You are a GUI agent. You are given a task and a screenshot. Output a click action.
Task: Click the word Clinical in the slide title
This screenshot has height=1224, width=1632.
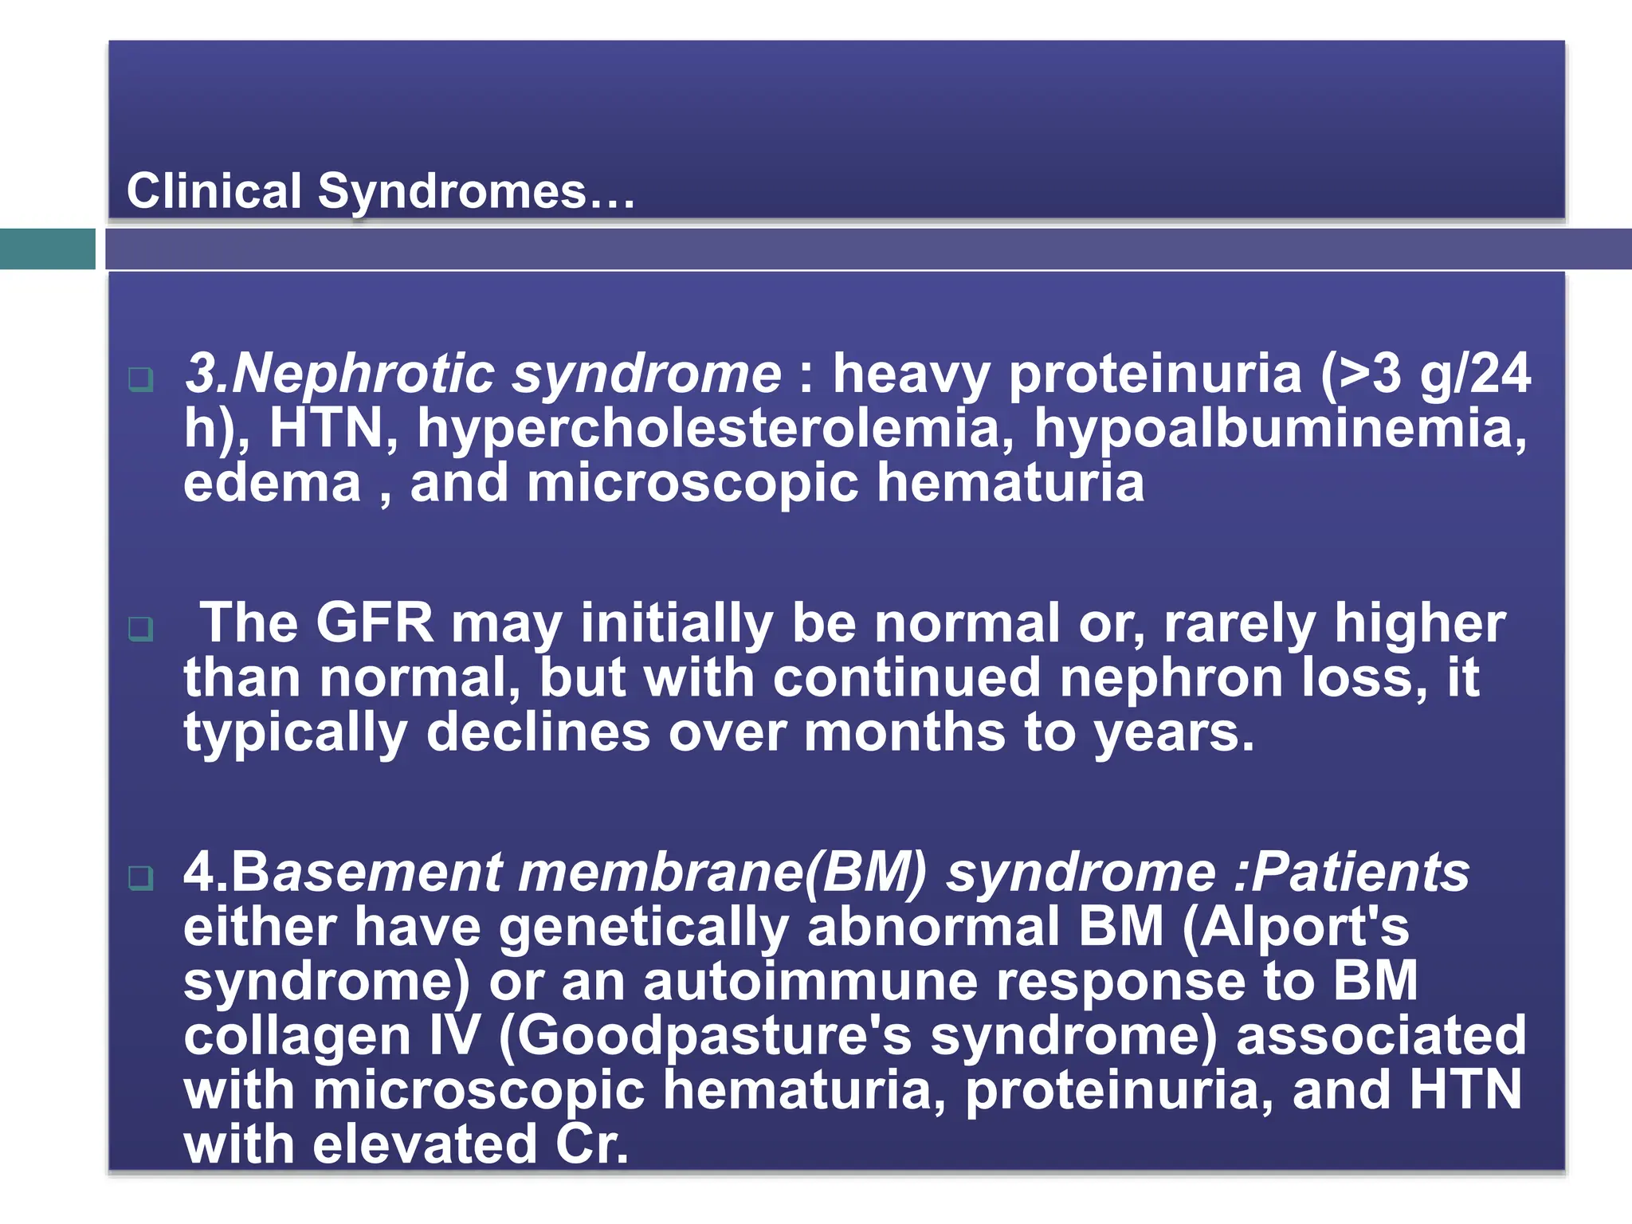pyautogui.click(x=214, y=192)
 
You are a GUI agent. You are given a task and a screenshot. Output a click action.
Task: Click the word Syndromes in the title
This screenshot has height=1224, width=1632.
pyautogui.click(x=452, y=192)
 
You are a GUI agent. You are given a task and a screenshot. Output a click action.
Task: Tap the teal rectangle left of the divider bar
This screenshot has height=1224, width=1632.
pyautogui.click(x=47, y=249)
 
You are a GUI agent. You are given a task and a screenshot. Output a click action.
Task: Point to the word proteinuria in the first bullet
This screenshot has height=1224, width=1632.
pyautogui.click(x=1155, y=373)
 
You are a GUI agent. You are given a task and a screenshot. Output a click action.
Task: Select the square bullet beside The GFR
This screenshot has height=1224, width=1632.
pyautogui.click(x=141, y=629)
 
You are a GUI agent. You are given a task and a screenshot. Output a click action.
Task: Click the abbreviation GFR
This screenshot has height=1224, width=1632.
pyautogui.click(x=375, y=622)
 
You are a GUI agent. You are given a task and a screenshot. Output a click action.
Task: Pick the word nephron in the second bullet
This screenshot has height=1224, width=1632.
pyautogui.click(x=1171, y=677)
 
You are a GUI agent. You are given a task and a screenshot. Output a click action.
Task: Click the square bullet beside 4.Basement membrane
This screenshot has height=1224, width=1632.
pyautogui.click(x=141, y=878)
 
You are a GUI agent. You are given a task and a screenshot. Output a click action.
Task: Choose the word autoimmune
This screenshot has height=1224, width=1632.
pyautogui.click(x=810, y=981)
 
